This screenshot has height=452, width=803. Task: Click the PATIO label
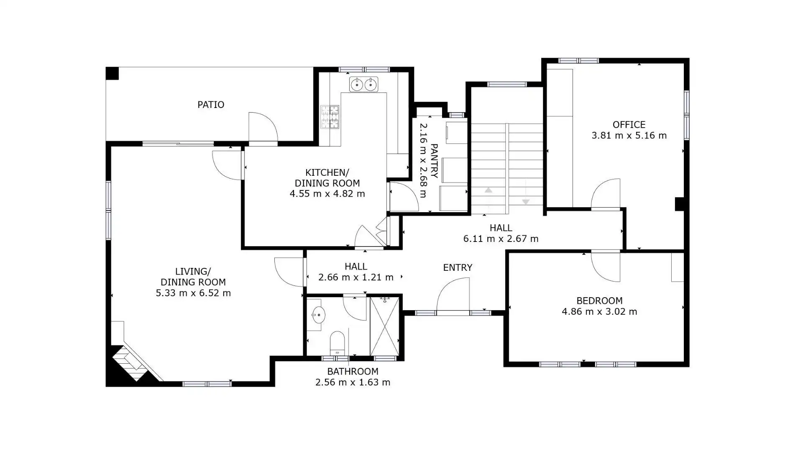click(x=211, y=105)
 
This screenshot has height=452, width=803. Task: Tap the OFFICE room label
click(x=629, y=125)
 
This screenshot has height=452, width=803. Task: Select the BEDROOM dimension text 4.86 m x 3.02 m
click(x=599, y=312)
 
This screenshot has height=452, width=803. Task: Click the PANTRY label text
click(x=434, y=161)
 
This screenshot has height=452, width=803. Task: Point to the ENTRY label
click(x=458, y=267)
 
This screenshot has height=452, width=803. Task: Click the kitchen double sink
click(x=363, y=85)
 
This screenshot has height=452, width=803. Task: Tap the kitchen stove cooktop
click(x=330, y=117)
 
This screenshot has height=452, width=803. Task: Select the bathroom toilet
click(x=337, y=343)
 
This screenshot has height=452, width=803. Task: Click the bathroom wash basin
click(x=318, y=315)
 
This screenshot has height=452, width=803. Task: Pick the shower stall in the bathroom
click(x=385, y=326)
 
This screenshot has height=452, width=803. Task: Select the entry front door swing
click(x=453, y=295)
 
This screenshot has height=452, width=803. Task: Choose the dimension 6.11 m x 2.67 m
click(x=501, y=239)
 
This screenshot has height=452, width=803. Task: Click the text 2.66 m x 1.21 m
click(x=356, y=277)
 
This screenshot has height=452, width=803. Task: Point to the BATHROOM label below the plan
click(x=353, y=372)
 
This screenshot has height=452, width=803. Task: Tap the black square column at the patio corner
click(x=112, y=74)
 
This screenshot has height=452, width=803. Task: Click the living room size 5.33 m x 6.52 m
click(x=193, y=293)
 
